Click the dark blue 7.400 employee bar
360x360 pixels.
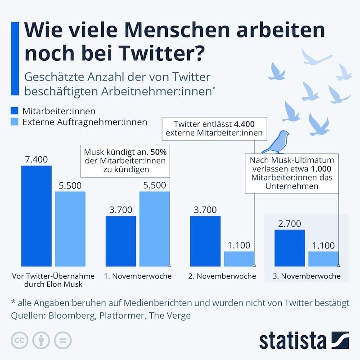point(36,216)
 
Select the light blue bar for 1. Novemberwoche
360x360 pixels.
point(154,229)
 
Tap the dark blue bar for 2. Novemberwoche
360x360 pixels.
point(205,241)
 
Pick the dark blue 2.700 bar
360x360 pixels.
point(289,248)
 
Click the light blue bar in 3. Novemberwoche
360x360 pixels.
point(323,259)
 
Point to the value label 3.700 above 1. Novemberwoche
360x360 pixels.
point(121,209)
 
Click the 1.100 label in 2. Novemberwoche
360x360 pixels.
point(239,245)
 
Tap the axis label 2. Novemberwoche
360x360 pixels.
point(222,276)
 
